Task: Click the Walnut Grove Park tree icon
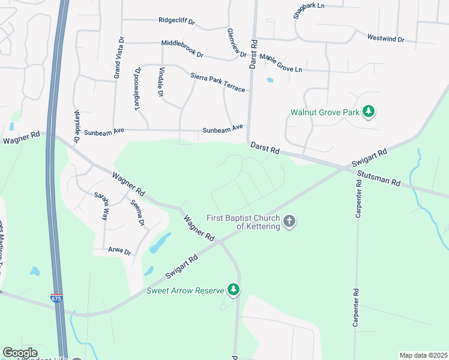click(369, 111)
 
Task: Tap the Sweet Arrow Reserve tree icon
click(234, 290)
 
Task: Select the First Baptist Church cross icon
click(289, 221)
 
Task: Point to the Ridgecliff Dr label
click(177, 21)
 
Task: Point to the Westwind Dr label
click(386, 38)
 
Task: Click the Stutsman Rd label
click(378, 178)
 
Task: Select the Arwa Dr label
click(119, 252)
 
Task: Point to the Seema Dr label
click(138, 213)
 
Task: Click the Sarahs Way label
click(101, 205)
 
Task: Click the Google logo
click(20, 353)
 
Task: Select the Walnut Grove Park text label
click(325, 112)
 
